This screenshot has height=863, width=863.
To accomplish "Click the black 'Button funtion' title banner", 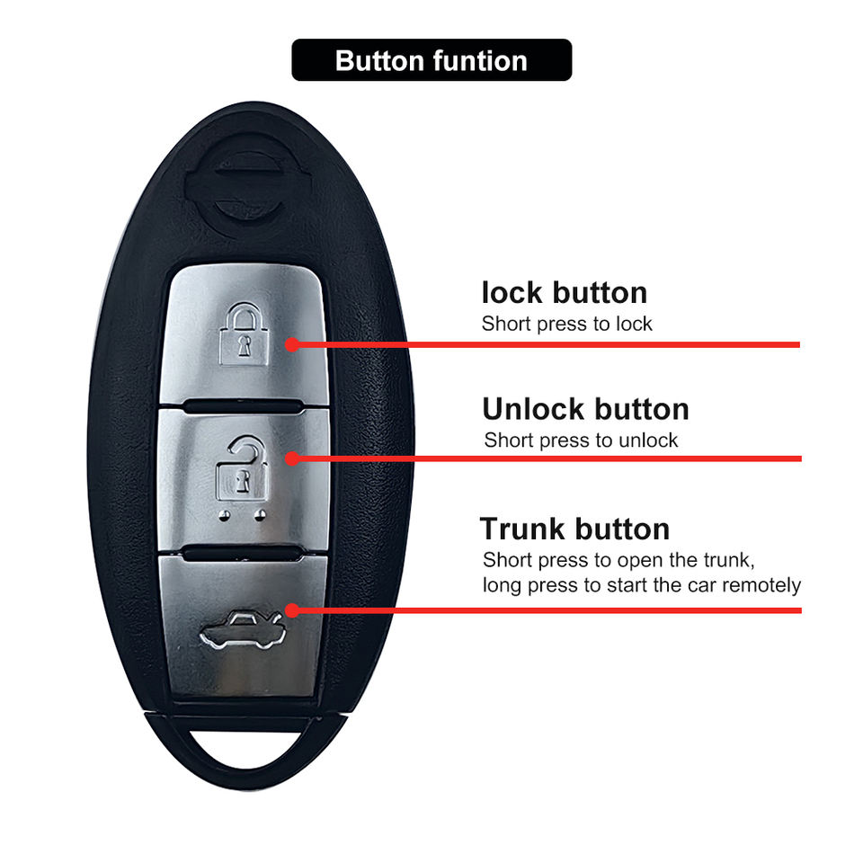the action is click(x=431, y=60).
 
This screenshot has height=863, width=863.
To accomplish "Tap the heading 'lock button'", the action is click(x=564, y=292).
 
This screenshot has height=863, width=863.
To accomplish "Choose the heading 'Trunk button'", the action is click(x=574, y=528).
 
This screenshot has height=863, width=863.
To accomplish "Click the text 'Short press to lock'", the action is click(x=566, y=324).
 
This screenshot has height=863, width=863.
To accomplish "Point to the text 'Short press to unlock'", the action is click(x=581, y=440).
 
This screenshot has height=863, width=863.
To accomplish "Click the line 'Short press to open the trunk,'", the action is click(x=618, y=560).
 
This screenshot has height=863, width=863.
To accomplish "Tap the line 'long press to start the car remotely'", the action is click(x=641, y=586).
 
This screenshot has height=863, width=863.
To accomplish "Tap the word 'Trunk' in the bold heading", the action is click(x=523, y=528).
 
